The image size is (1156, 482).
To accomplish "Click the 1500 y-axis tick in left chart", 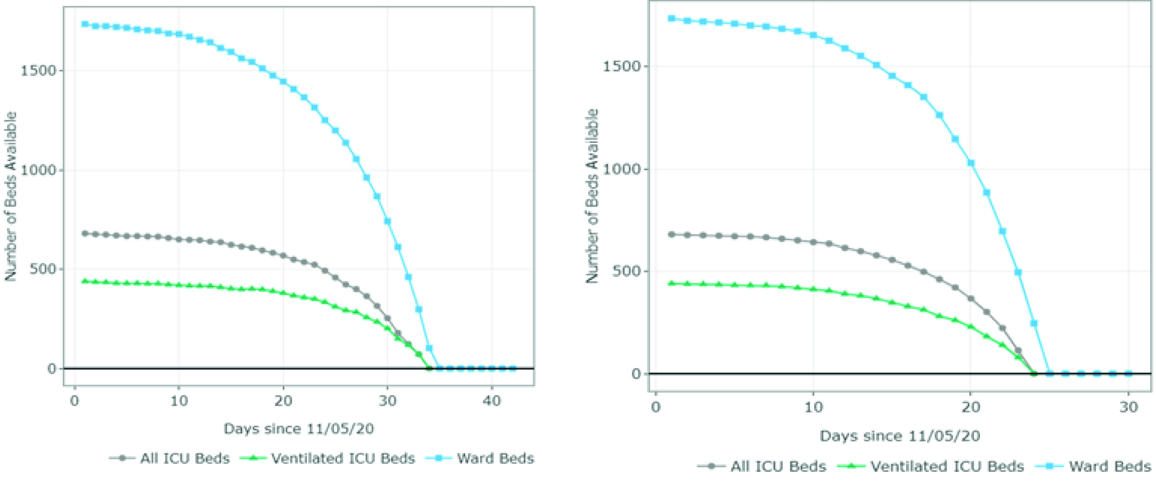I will click(38, 71).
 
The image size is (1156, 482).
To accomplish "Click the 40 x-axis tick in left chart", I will click(491, 401).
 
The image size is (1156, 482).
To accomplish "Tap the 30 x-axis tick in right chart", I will click(1128, 407).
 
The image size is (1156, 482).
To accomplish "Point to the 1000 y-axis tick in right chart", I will click(622, 169).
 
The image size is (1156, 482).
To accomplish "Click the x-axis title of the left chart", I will click(298, 428).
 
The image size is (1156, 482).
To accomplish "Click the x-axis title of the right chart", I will click(899, 435).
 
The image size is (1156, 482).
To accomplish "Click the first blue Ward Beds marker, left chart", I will click(85, 24).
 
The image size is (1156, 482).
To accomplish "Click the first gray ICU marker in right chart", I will click(671, 235).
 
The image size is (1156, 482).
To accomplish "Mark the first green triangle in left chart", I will click(85, 281).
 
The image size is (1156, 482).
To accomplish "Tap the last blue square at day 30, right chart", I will click(1128, 373).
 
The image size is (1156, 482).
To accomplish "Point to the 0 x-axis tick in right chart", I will click(655, 407).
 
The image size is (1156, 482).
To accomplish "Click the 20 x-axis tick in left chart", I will click(283, 401).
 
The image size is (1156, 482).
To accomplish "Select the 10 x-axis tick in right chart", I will click(813, 407).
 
